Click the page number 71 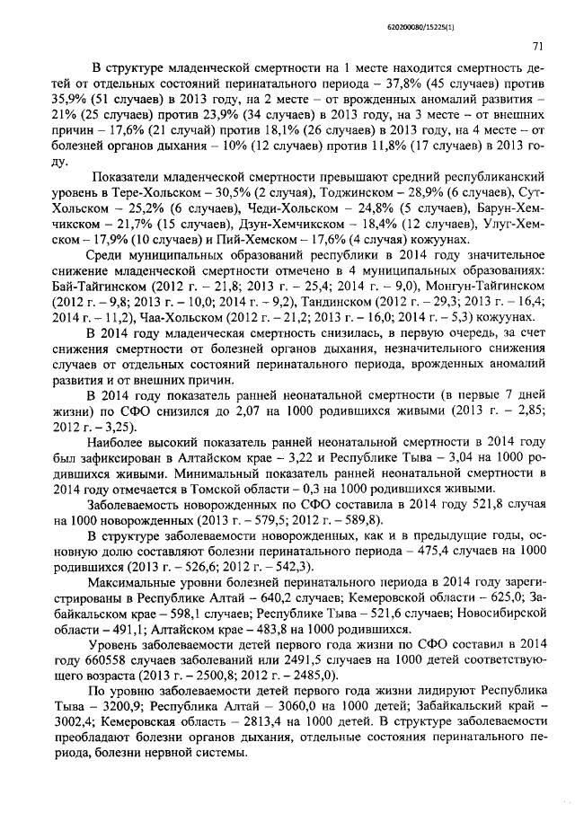coord(536,45)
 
